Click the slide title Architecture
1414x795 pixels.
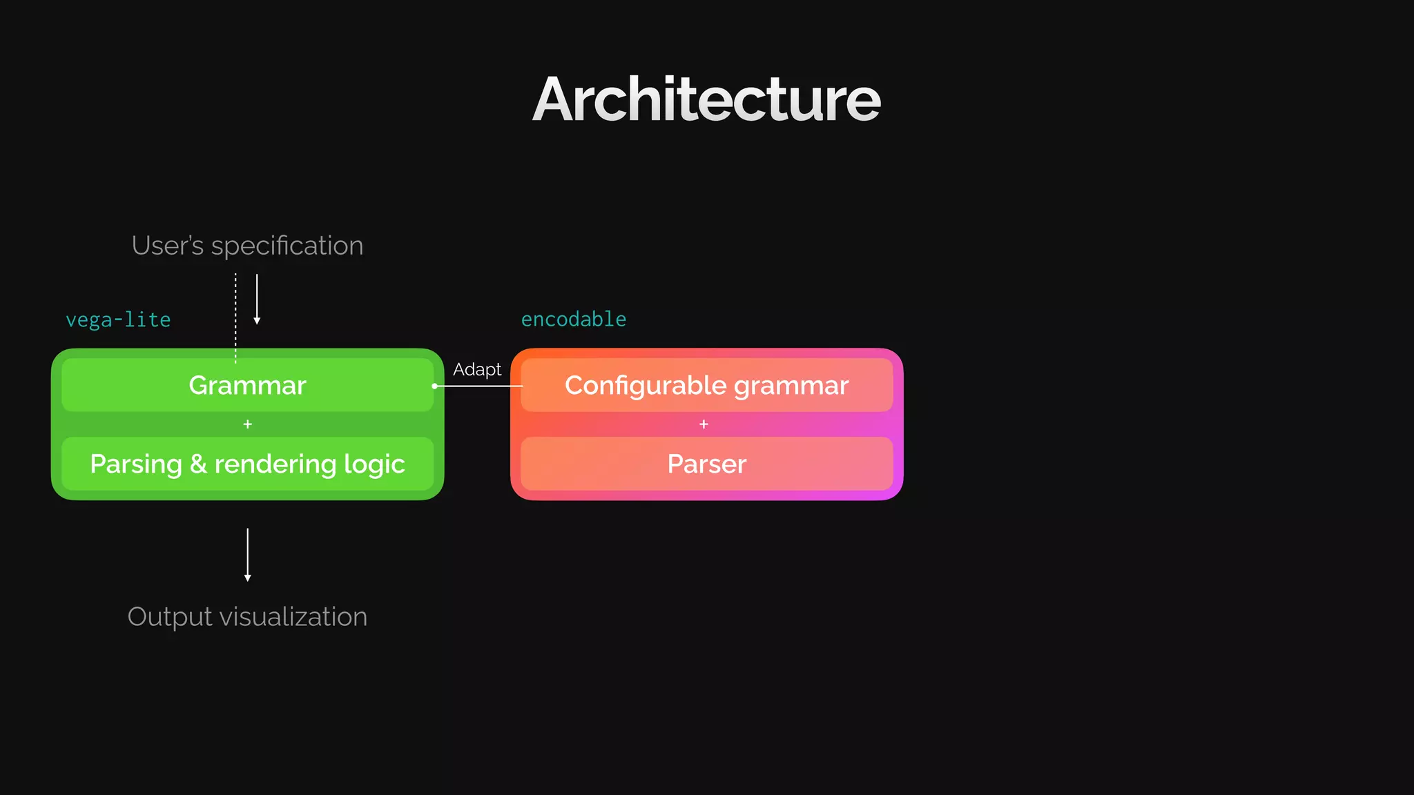click(x=706, y=100)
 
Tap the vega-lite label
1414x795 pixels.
click(x=118, y=320)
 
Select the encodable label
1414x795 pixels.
click(x=574, y=320)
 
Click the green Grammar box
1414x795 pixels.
click(x=247, y=385)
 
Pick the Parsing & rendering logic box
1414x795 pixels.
click(x=247, y=464)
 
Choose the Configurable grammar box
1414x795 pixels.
click(x=706, y=385)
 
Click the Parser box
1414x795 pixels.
click(x=706, y=464)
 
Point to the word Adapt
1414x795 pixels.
click(x=477, y=370)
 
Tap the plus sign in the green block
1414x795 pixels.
click(x=248, y=424)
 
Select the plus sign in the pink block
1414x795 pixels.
click(x=704, y=424)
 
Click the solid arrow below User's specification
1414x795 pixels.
click(x=257, y=300)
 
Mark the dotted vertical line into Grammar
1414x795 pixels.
click(x=235, y=317)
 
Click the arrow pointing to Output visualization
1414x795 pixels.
click(x=248, y=555)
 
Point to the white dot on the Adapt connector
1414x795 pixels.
click(x=434, y=386)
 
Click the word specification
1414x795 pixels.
click(x=287, y=246)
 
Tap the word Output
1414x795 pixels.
click(x=170, y=617)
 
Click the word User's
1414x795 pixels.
click(x=168, y=246)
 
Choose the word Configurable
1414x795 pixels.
click(x=646, y=385)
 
